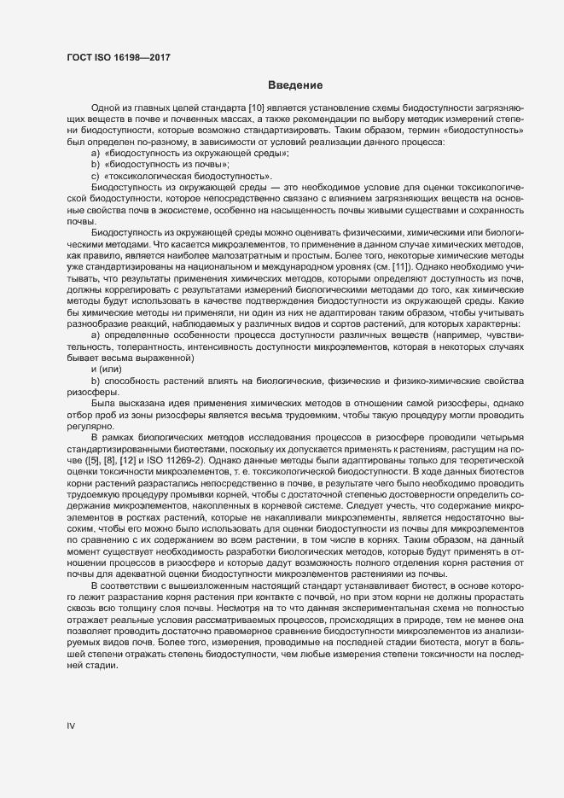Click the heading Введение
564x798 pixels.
pyautogui.click(x=294, y=84)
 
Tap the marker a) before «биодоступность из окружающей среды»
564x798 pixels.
pyautogui.click(x=96, y=151)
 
